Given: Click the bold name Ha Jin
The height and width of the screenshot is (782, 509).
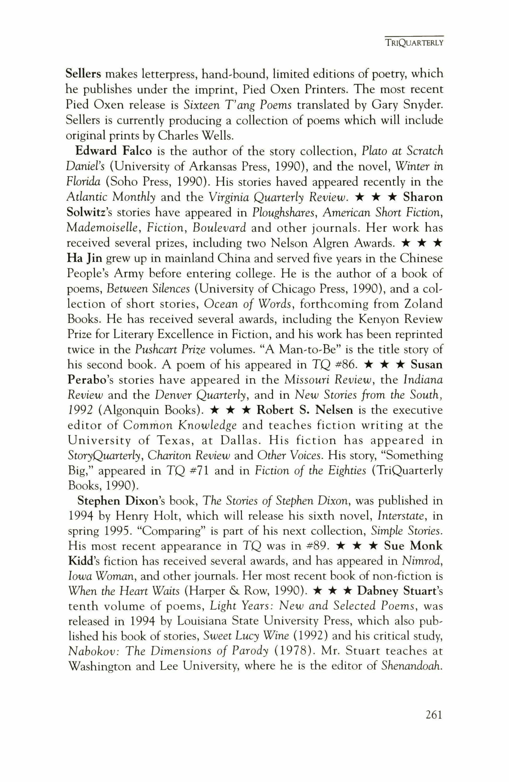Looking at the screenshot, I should pyautogui.click(x=85, y=258).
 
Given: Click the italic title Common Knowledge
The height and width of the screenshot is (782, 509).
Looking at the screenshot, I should pyautogui.click(x=180, y=426).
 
